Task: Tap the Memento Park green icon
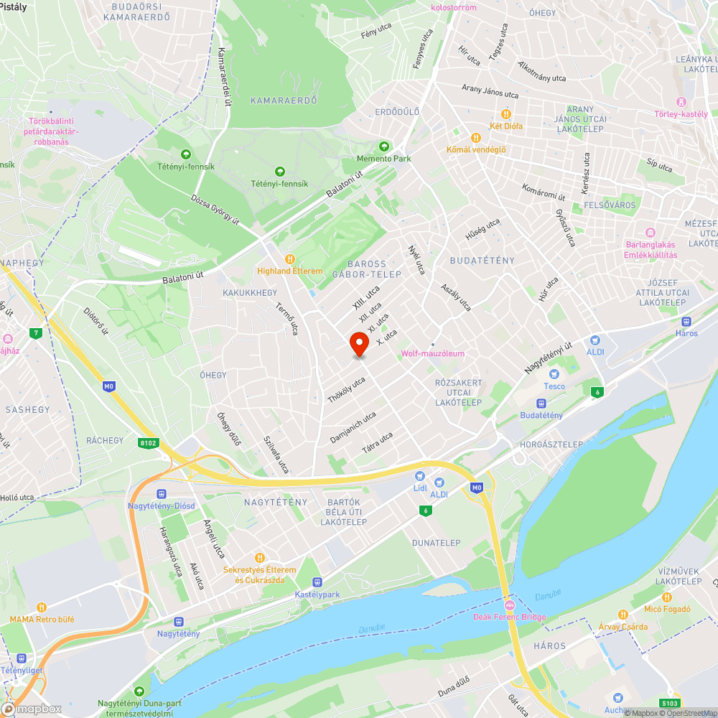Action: click(383, 146)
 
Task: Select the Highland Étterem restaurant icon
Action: click(290, 259)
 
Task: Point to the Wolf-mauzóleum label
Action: click(432, 353)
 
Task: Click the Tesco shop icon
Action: click(553, 374)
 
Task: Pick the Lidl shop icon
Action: click(419, 476)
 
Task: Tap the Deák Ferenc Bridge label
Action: click(509, 617)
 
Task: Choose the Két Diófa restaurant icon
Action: click(505, 114)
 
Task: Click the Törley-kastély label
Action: click(681, 114)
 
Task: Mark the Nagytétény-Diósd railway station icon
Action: click(161, 494)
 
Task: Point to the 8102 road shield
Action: click(149, 443)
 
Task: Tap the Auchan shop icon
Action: click(617, 697)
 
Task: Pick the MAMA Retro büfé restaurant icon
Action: click(42, 607)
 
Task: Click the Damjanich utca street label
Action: click(353, 427)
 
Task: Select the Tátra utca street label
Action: click(378, 442)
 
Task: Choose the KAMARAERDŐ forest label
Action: click(284, 101)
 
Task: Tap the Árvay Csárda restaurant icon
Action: click(623, 615)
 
